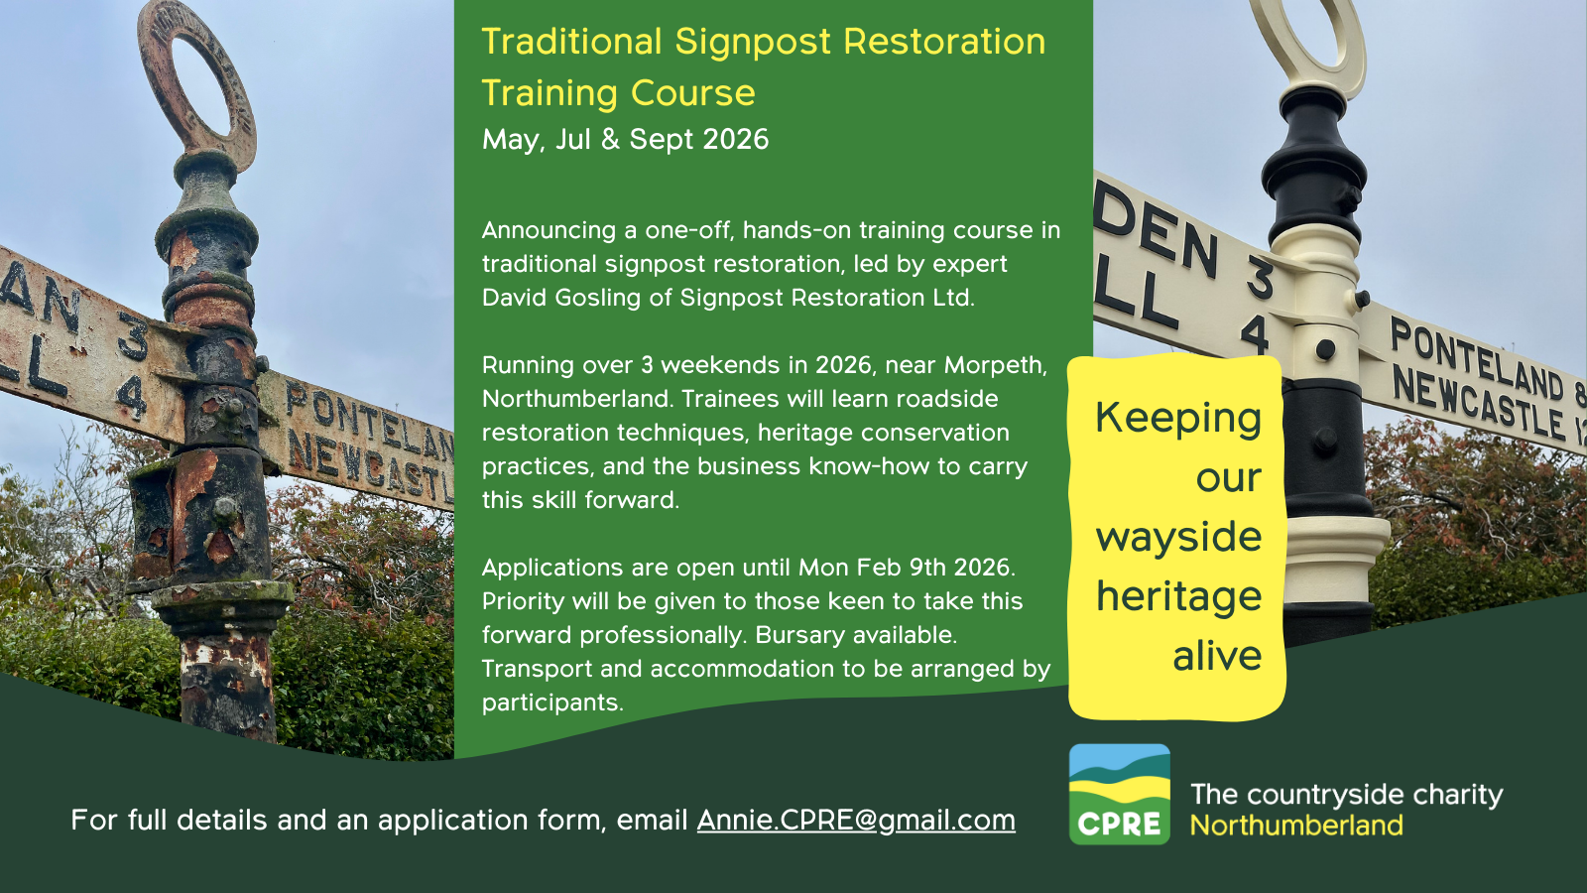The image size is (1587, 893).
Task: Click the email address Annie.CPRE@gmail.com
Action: [x=856, y=820]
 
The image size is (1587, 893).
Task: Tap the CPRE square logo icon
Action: [x=1120, y=794]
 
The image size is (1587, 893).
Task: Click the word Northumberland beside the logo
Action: [x=1296, y=825]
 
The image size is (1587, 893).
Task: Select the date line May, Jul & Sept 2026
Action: [x=625, y=140]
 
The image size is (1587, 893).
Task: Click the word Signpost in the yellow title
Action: [x=753, y=41]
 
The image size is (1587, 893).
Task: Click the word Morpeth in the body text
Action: [x=996, y=365]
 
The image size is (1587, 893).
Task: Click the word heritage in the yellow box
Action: [x=1179, y=596]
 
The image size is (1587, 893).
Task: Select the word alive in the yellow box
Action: [x=1217, y=656]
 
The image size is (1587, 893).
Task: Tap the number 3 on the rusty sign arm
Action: [x=133, y=337]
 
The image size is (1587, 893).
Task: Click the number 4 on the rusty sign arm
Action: [x=132, y=398]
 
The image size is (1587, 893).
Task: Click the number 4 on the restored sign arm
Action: [x=1255, y=332]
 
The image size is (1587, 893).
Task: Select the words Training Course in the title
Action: [x=619, y=93]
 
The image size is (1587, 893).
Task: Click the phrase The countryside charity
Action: [x=1346, y=795]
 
